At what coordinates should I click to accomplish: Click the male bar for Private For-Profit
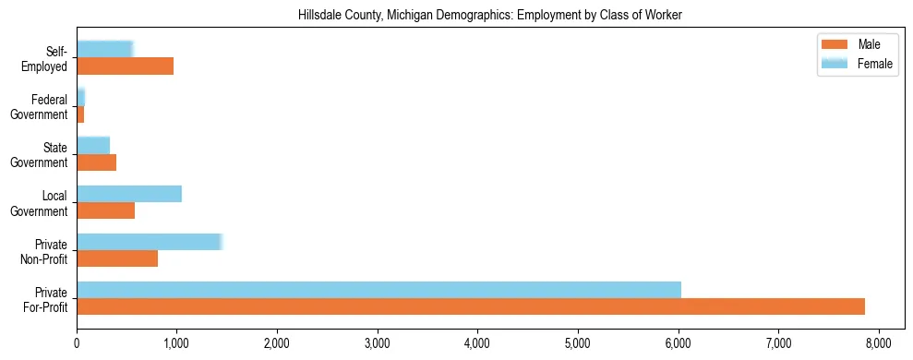[x=471, y=306]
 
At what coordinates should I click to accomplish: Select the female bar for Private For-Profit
[x=378, y=289]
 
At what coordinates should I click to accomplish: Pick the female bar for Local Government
[x=129, y=193]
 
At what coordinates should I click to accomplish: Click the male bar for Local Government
[x=105, y=210]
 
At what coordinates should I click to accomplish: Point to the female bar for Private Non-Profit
[x=150, y=242]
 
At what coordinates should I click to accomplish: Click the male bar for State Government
[x=96, y=162]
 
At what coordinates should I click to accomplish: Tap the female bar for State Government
[x=93, y=145]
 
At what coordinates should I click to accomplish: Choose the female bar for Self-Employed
[x=104, y=49]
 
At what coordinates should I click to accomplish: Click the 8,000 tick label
[x=878, y=342]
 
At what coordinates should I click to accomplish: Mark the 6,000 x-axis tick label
[x=678, y=342]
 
